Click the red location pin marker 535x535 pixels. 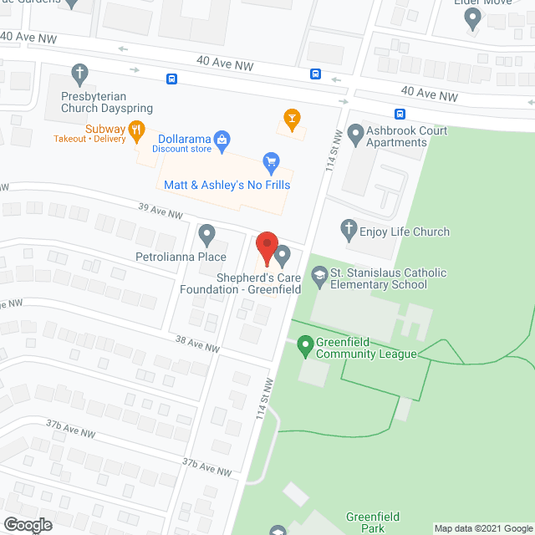click(266, 247)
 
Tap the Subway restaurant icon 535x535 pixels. click(137, 130)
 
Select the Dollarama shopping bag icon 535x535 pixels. click(222, 138)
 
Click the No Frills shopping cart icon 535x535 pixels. click(270, 160)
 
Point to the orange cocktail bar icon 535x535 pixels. click(291, 119)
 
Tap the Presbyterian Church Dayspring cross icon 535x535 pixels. click(79, 73)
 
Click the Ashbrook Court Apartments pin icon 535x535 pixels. click(354, 133)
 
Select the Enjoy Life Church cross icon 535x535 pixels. click(348, 228)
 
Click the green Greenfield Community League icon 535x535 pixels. click(305, 344)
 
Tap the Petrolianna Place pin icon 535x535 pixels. click(206, 234)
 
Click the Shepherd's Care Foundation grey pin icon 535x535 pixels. click(283, 253)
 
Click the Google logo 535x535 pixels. click(27, 524)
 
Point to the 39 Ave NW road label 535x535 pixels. click(161, 211)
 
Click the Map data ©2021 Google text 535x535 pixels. click(482, 528)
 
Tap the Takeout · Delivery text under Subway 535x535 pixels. click(89, 139)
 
